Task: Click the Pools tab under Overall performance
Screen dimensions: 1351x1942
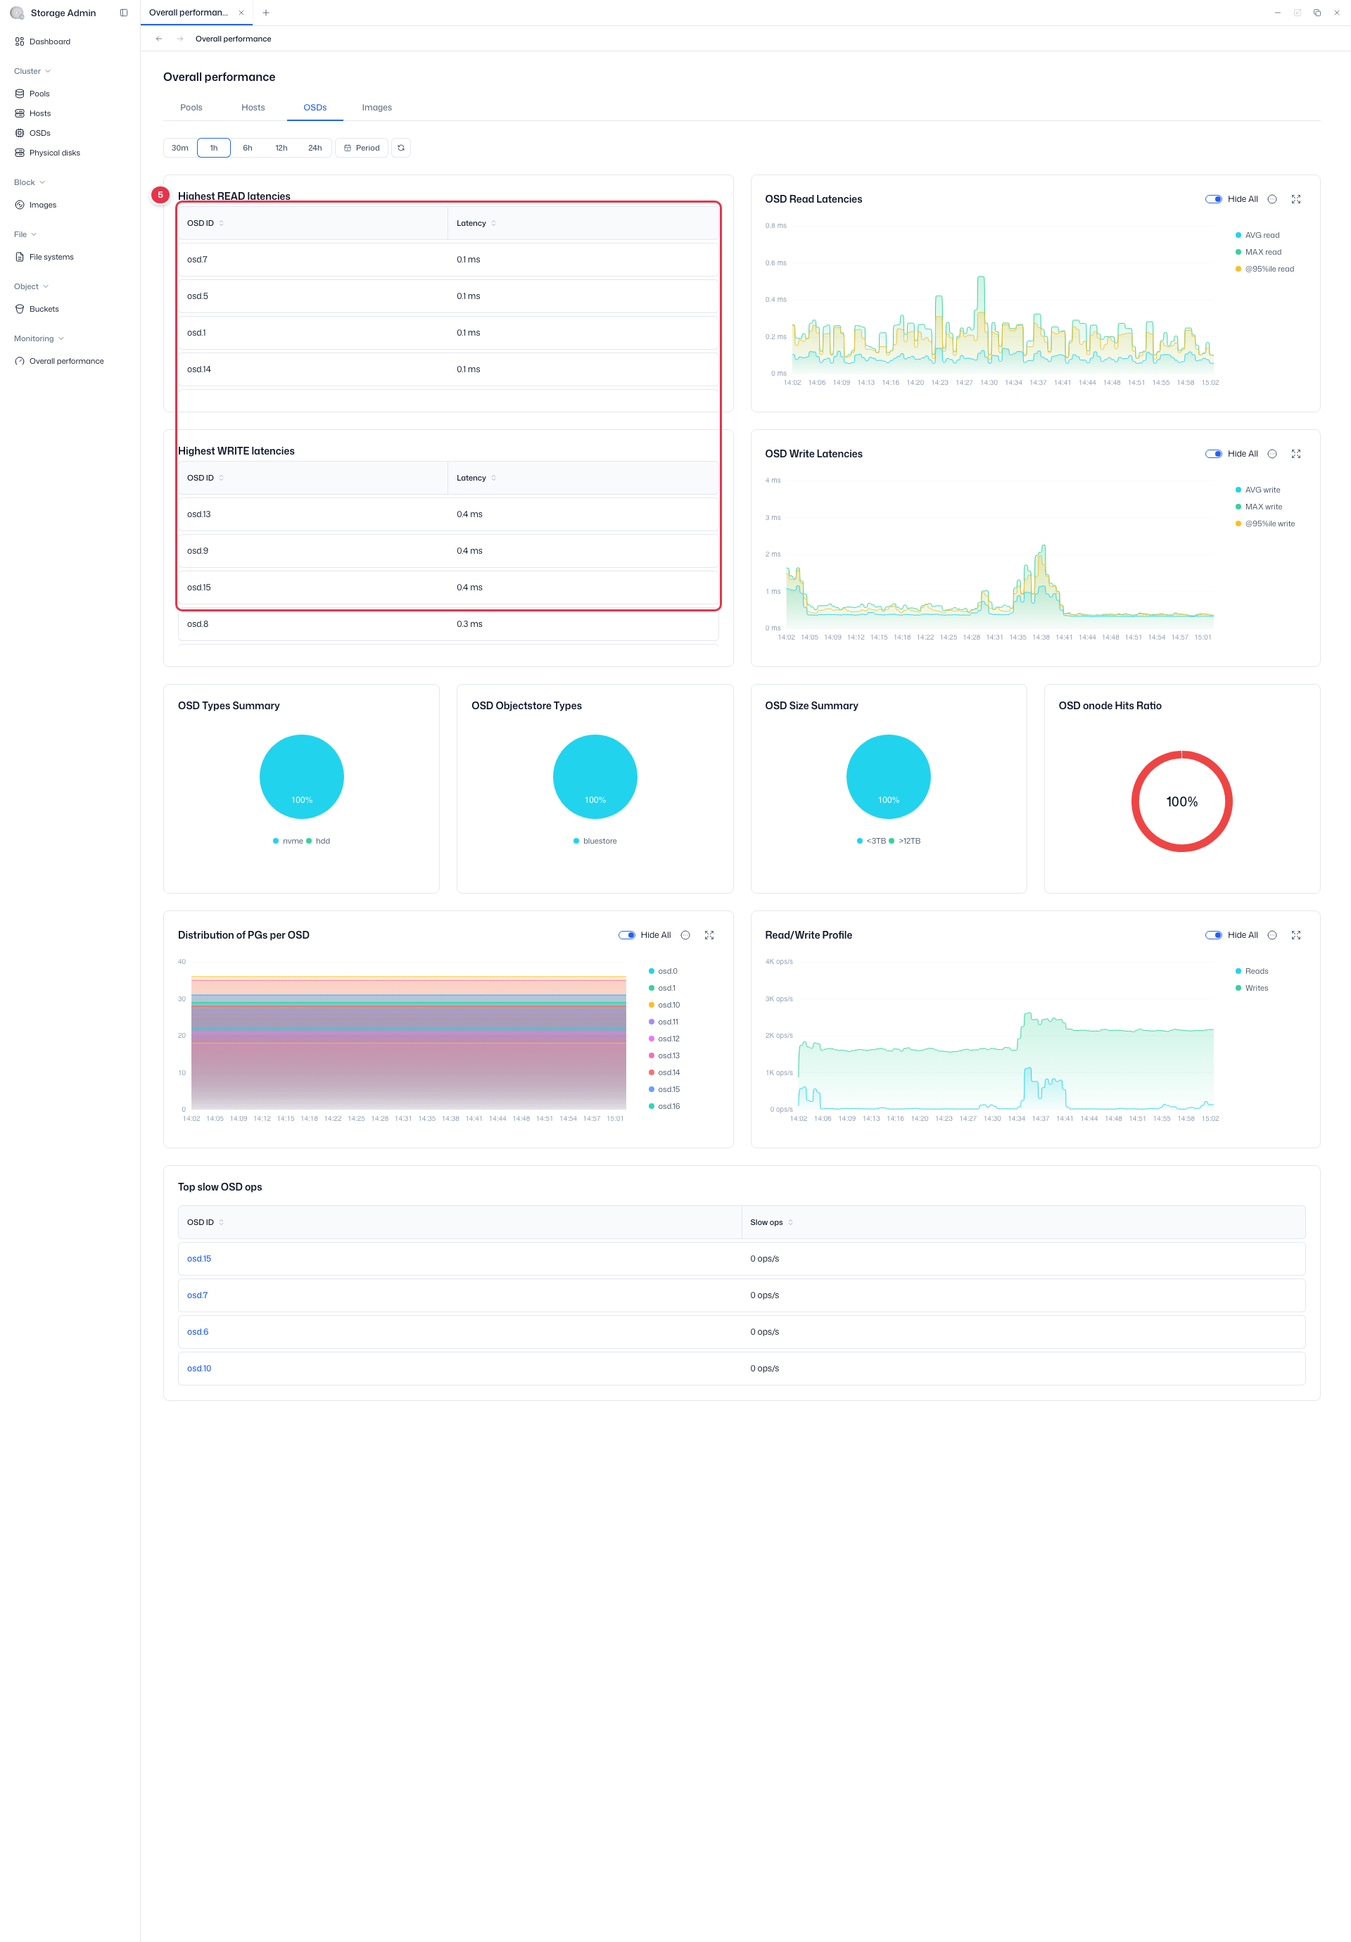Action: pyautogui.click(x=191, y=108)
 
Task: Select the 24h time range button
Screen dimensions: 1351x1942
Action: pyautogui.click(x=315, y=148)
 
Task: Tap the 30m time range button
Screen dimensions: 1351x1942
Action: pyautogui.click(x=180, y=148)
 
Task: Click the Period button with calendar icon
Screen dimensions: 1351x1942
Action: pyautogui.click(x=362, y=148)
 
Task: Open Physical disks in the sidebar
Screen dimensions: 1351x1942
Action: pyautogui.click(x=55, y=153)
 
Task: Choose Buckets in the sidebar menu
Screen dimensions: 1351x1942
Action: pyautogui.click(x=44, y=309)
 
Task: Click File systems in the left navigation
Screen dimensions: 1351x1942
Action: pyautogui.click(x=51, y=257)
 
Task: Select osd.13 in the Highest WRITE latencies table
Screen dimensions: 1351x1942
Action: pyautogui.click(x=199, y=514)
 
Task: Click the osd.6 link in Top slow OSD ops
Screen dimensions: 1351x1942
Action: pyautogui.click(x=198, y=1331)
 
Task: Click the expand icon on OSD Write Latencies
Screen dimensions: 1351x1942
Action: pyautogui.click(x=1295, y=455)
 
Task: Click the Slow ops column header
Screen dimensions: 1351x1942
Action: pyautogui.click(x=766, y=1222)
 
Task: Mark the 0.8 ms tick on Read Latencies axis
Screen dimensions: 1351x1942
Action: pyautogui.click(x=775, y=226)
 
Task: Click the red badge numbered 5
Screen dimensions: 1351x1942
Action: pyautogui.click(x=160, y=194)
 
